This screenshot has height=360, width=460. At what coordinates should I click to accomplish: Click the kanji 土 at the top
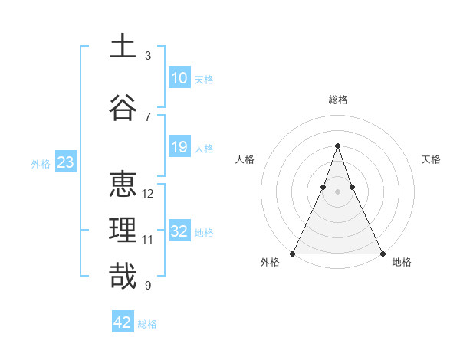(123, 47)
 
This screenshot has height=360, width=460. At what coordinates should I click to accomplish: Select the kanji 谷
(123, 109)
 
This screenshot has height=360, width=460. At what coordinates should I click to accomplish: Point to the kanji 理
(123, 231)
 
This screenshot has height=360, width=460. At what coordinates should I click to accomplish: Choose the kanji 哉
(123, 277)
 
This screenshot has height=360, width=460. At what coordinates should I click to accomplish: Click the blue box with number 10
(179, 78)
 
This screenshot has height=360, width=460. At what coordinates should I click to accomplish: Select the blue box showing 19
(179, 147)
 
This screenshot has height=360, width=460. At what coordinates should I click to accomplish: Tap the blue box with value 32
(179, 231)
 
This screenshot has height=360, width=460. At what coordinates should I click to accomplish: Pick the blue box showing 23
(65, 162)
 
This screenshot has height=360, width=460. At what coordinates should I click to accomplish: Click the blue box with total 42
(123, 322)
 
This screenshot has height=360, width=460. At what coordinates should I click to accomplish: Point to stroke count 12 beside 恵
(148, 194)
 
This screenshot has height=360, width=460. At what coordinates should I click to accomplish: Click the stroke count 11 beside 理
(148, 240)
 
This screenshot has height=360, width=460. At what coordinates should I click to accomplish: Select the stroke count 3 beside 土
(148, 55)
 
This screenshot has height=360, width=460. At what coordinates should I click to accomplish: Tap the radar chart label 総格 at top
(337, 100)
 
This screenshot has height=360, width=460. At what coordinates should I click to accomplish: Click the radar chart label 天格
(431, 159)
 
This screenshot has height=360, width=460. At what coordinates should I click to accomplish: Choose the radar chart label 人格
(245, 159)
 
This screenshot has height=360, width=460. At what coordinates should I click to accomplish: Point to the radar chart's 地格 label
(402, 263)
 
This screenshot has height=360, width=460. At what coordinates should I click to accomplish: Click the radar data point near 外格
(293, 253)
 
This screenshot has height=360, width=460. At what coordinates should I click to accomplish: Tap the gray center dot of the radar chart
(337, 192)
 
